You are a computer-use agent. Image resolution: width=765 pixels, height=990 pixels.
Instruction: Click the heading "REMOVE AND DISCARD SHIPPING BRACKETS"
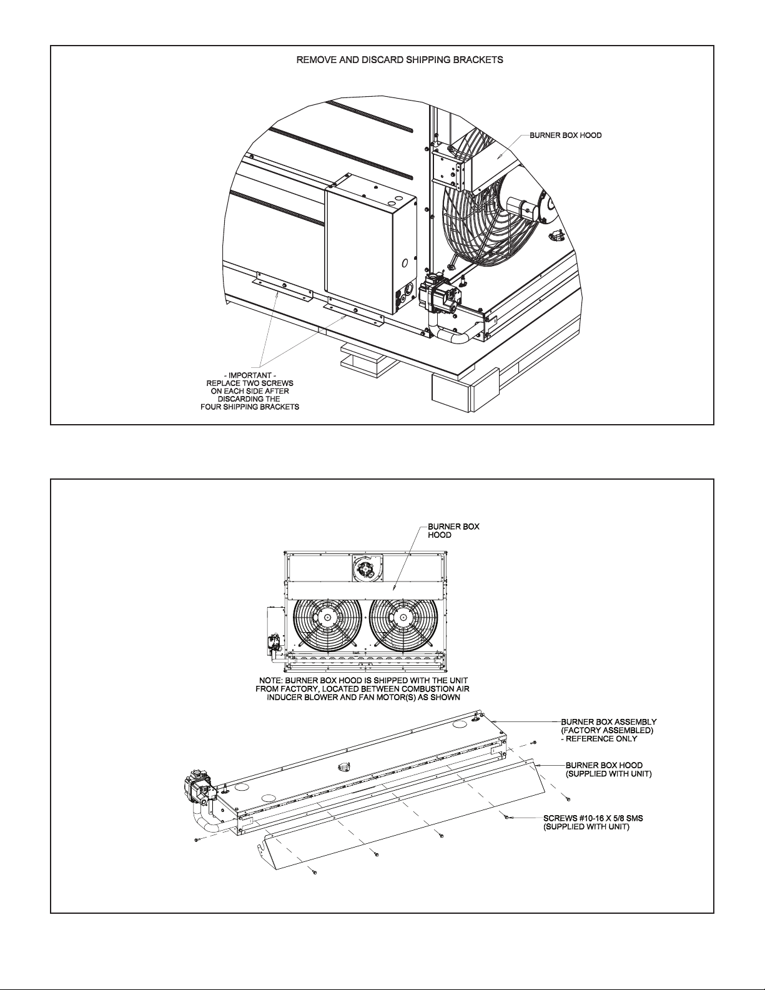pos(400,60)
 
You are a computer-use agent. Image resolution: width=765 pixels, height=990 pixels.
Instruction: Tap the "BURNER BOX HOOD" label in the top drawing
pos(566,136)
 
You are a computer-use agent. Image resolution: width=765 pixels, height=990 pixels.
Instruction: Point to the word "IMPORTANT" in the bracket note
pos(250,375)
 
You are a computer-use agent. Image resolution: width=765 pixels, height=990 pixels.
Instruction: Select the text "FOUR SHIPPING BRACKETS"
pos(250,407)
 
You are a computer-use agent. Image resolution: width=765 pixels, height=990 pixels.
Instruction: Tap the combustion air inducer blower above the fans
pos(367,568)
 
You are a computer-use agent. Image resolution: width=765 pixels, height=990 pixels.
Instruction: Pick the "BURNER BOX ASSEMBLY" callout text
pos(609,721)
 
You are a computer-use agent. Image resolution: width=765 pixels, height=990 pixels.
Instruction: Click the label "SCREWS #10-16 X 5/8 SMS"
pos(593,818)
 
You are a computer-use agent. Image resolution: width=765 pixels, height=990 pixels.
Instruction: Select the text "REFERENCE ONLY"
pos(603,738)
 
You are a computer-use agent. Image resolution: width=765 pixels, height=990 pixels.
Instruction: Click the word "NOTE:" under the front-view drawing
pos(272,680)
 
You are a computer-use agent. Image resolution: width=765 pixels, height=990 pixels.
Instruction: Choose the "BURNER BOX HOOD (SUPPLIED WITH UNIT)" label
pos(609,770)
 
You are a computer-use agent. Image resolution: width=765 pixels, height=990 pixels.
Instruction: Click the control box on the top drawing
pos(370,244)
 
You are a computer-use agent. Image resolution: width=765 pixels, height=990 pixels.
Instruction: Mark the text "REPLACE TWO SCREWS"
pos(250,383)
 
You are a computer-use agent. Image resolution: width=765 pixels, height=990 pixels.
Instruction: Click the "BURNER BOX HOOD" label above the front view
pos(453,531)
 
